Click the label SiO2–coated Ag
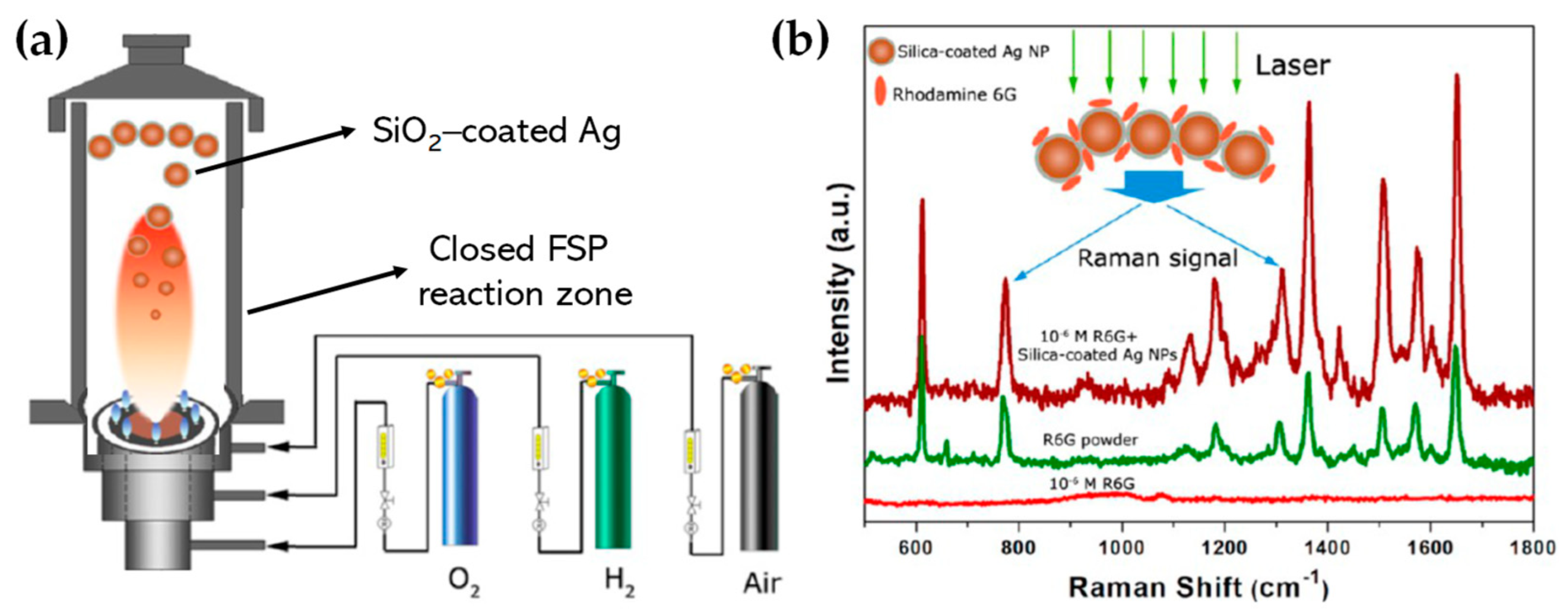[x=496, y=132]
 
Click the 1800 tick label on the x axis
[x=1532, y=548]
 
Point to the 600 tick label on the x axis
[x=915, y=548]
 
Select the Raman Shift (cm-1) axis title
[x=1199, y=588]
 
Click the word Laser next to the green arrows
[x=1292, y=65]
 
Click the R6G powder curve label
[x=1090, y=440]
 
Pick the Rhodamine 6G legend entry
[x=953, y=95]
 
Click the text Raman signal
[x=1156, y=259]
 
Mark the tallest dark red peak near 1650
[x=1457, y=94]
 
